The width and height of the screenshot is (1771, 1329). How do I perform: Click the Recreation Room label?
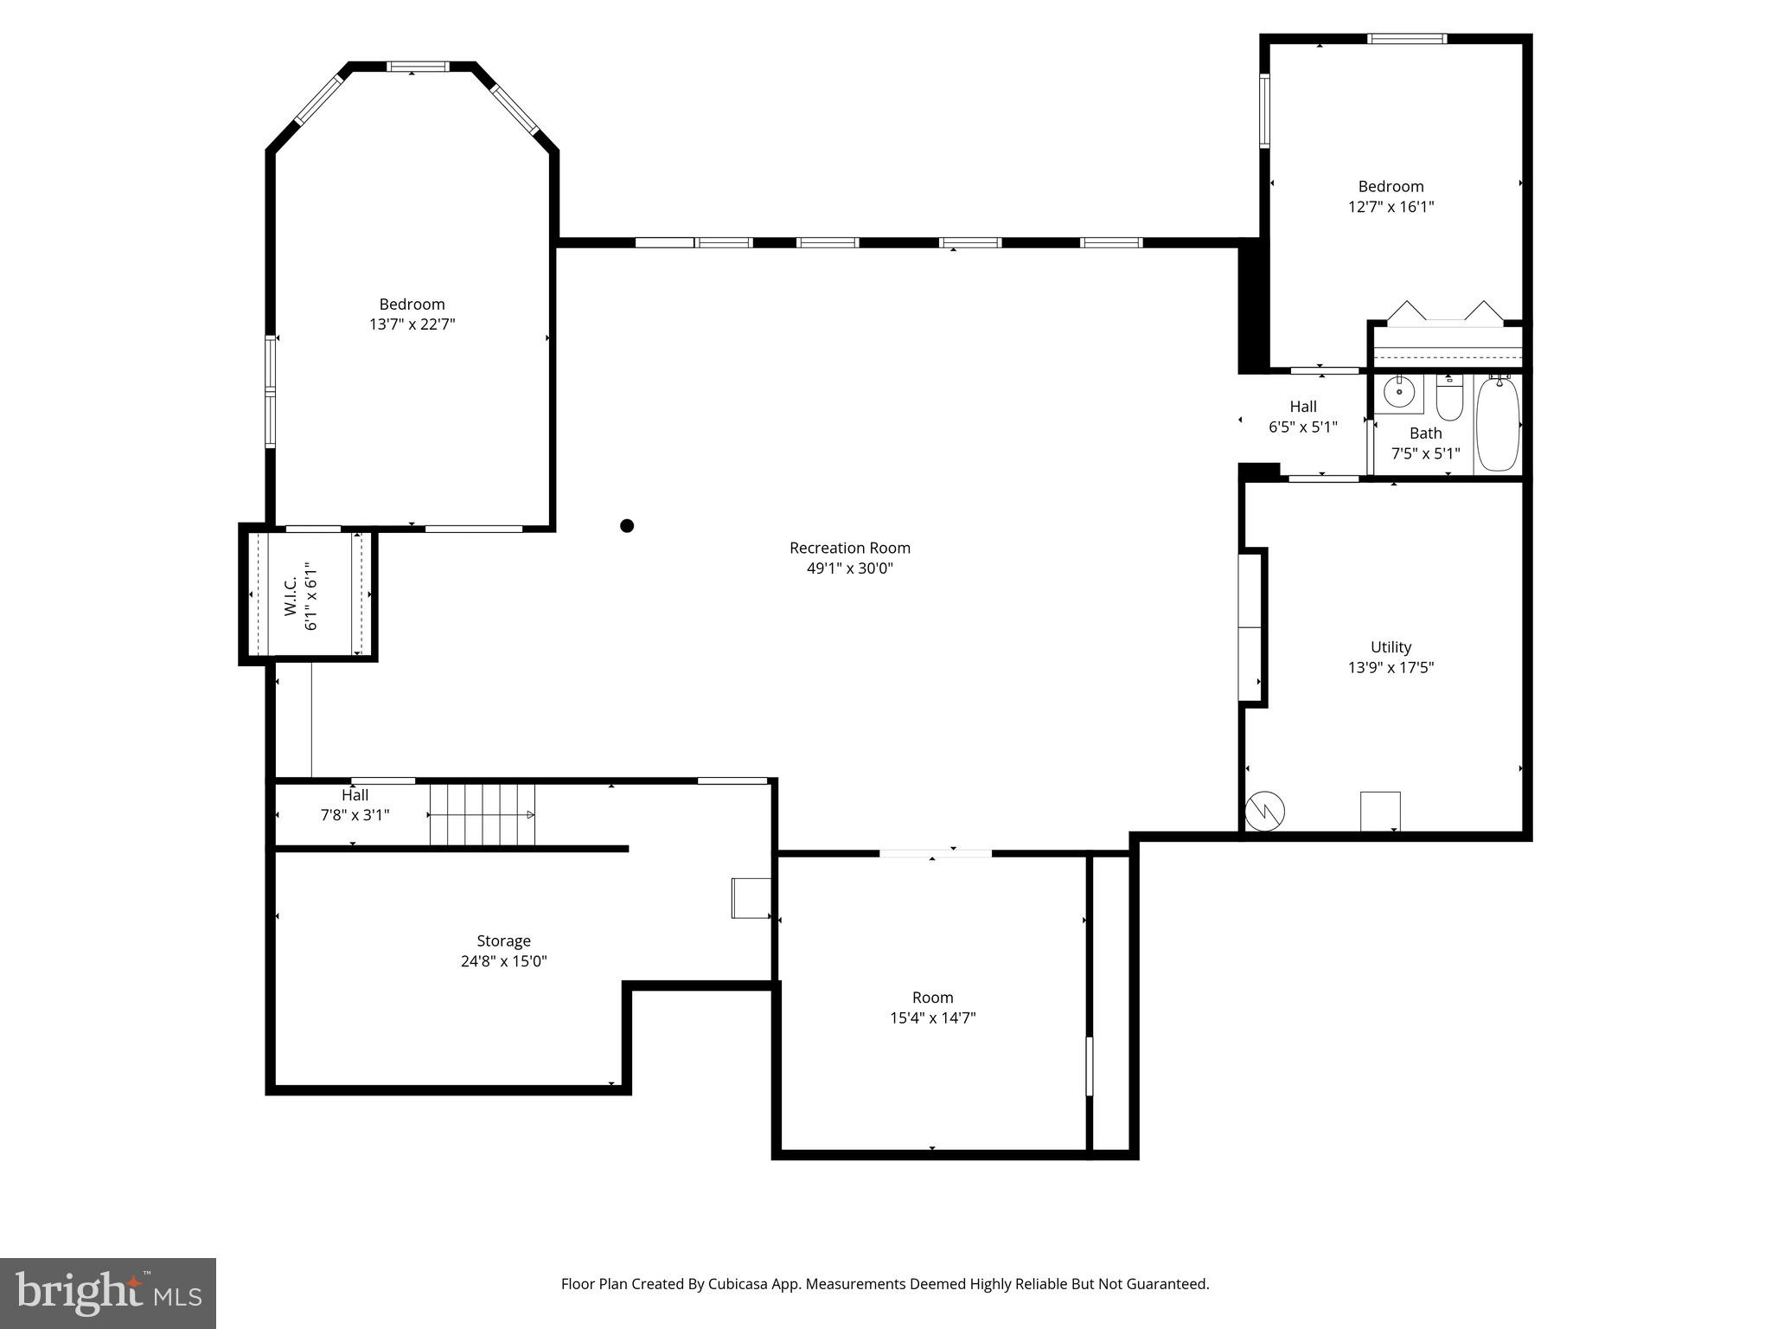pos(849,548)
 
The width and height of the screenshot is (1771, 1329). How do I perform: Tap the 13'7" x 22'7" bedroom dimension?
pos(412,324)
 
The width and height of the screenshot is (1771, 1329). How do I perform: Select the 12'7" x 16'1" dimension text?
pos(1391,207)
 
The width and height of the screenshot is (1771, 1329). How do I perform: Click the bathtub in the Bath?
pos(1498,424)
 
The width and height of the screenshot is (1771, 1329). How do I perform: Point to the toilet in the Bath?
pos(1448,400)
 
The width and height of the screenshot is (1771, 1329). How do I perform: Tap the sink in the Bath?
pos(1398,392)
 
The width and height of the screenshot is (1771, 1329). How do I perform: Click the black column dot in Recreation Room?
pos(627,525)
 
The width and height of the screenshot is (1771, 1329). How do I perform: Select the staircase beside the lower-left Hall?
pos(483,814)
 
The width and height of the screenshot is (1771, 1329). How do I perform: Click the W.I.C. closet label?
pos(291,595)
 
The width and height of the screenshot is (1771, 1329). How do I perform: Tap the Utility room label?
pos(1391,647)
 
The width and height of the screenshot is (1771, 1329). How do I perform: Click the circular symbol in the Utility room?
pos(1264,812)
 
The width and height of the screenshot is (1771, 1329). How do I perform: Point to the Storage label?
pos(503,941)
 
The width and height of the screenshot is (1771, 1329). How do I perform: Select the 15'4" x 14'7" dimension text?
pos(932,1018)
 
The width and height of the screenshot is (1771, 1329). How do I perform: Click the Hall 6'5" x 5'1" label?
pos(1303,416)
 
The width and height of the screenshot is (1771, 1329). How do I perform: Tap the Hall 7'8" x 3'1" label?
pos(355,805)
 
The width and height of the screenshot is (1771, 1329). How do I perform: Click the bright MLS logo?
pos(108,1294)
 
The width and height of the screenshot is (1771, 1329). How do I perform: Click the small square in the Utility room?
pos(1380,811)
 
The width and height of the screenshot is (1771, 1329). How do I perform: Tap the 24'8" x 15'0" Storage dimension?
pos(503,961)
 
